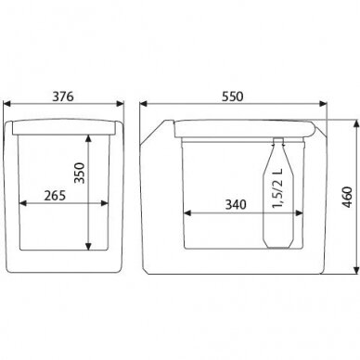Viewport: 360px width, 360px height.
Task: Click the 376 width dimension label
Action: pos(63,96)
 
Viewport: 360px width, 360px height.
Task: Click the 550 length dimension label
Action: pos(233,96)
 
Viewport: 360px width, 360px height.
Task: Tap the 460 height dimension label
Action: pos(348,198)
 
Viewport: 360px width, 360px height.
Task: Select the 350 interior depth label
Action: pos(80,173)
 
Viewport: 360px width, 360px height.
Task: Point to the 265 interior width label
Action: pos(55,196)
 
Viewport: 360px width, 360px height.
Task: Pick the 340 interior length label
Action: pos(236,204)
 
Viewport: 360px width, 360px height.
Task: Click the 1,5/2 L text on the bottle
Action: pos(277,188)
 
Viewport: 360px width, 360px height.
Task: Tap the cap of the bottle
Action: pos(278,141)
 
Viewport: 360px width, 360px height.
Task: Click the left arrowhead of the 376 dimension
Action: pos(6,104)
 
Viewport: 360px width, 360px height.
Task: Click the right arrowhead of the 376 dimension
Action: pos(120,104)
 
